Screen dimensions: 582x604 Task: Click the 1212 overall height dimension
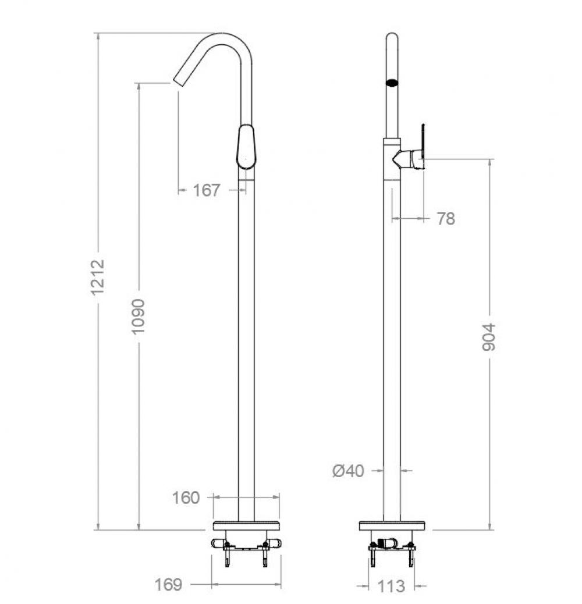pos(98,277)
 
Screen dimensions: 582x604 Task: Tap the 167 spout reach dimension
pos(207,190)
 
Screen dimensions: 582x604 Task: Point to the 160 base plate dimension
pos(186,498)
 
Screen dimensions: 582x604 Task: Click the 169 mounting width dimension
pos(168,585)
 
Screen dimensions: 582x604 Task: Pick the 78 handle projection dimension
pos(446,219)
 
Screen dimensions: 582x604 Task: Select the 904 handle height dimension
pos(489,337)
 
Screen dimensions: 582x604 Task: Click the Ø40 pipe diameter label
pos(348,471)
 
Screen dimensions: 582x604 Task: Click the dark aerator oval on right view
pos(392,83)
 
